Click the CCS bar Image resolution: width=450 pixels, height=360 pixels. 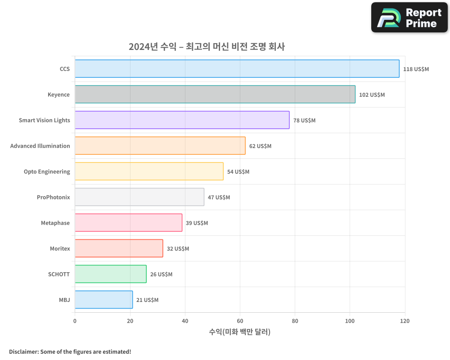pos(237,69)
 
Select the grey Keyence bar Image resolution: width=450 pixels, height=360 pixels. pos(215,94)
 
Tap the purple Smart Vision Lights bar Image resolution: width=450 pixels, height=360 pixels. pos(182,120)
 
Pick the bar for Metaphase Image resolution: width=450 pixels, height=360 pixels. pos(128,223)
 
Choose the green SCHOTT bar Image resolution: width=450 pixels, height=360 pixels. pos(110,274)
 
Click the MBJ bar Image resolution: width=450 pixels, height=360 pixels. pos(103,300)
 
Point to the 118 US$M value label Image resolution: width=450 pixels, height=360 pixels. pos(416,69)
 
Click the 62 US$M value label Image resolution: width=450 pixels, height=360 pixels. pos(260,146)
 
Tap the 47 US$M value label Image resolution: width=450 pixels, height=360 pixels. pos(219,198)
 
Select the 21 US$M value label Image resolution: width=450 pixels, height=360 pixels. pos(147,300)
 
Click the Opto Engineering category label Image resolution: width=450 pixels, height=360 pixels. pos(47,171)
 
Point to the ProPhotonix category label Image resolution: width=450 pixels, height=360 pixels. pos(53,197)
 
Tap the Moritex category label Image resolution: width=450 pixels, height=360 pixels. pos(60,248)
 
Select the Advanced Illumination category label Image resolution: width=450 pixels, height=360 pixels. pos(40,146)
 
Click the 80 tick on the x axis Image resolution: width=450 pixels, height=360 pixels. pos(295,321)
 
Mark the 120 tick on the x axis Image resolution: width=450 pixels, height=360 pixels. pos(405,321)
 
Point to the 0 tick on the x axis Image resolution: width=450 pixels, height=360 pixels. pos(75,321)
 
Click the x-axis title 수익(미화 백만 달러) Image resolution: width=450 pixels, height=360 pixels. pos(239,332)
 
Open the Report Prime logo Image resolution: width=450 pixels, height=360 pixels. pos(409,18)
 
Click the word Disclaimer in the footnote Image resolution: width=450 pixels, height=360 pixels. pos(23,351)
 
